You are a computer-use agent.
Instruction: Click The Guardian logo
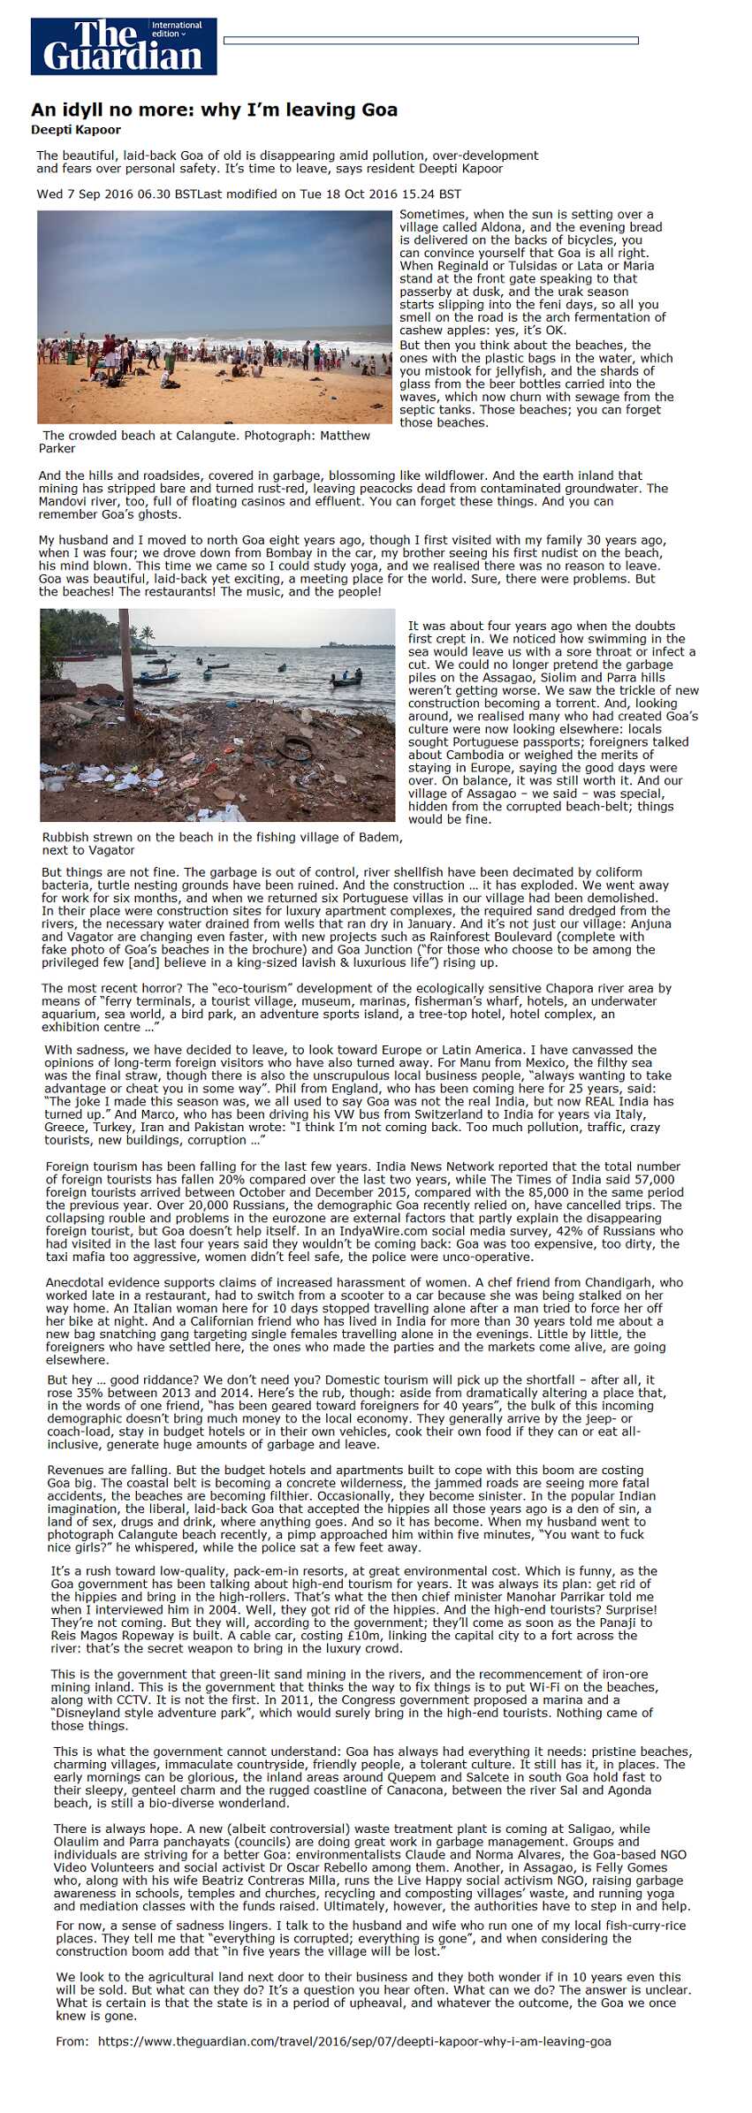tap(123, 47)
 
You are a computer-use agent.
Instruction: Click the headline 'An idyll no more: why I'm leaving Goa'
tap(214, 110)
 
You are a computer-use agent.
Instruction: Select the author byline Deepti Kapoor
tap(76, 130)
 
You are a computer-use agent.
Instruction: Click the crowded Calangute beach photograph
tap(214, 316)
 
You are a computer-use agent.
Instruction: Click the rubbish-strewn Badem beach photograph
tap(217, 715)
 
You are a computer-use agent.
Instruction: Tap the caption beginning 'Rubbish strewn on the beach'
tap(221, 837)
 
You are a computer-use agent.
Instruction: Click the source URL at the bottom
tap(353, 2041)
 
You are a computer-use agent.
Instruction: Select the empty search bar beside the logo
tap(430, 41)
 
